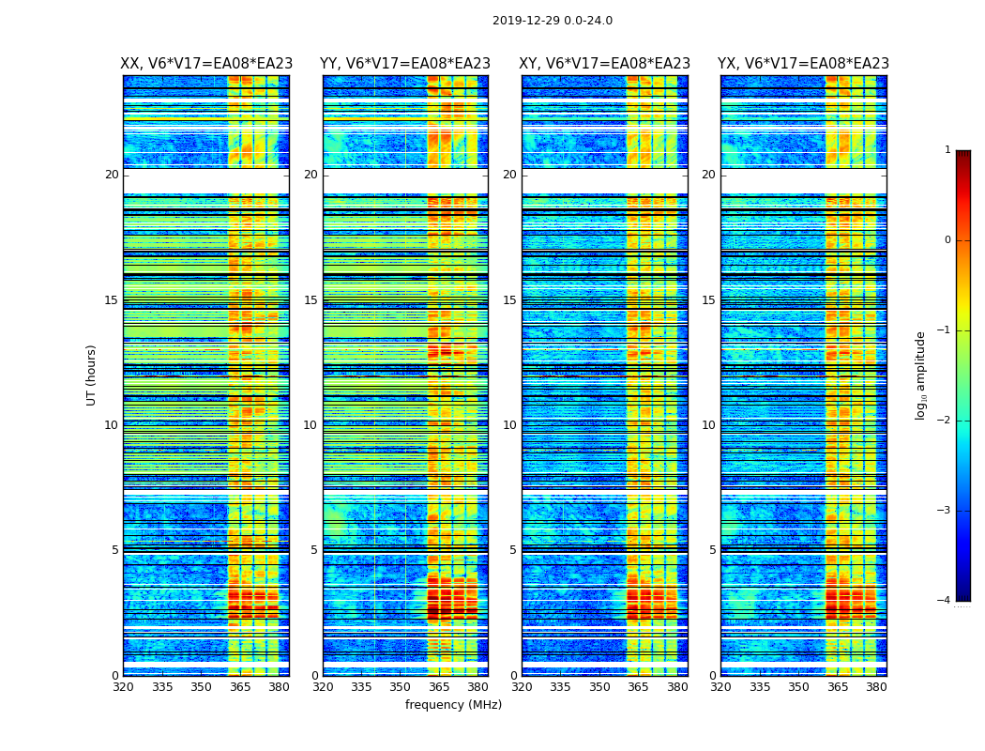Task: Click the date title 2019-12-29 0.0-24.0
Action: click(553, 21)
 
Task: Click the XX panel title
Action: click(206, 64)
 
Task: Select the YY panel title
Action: click(405, 64)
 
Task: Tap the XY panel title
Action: click(605, 64)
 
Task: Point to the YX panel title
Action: click(803, 64)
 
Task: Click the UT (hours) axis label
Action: click(92, 375)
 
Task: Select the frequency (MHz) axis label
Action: click(453, 705)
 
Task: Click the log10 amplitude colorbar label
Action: click(921, 375)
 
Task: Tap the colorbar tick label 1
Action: click(947, 150)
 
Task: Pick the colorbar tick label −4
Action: click(945, 601)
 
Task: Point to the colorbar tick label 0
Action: click(947, 240)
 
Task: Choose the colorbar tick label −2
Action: click(945, 421)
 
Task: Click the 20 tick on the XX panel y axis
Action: click(112, 175)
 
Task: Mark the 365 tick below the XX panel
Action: click(240, 687)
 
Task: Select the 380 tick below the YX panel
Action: click(876, 687)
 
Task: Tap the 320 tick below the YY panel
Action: click(323, 687)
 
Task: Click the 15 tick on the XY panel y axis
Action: click(509, 300)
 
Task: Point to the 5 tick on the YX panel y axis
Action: click(712, 550)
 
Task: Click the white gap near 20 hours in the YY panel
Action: click(405, 180)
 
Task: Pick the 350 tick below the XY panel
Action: click(599, 687)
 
